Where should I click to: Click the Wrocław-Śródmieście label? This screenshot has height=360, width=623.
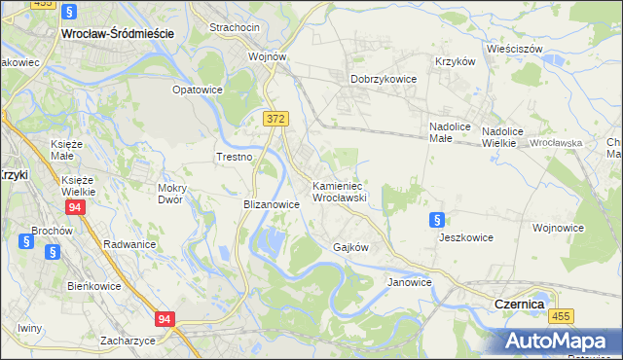117,32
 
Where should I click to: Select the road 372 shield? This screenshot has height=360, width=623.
275,118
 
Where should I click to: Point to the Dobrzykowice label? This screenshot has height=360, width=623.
384,79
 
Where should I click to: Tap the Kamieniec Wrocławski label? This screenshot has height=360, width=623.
338,191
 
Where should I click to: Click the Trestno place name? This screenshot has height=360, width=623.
235,157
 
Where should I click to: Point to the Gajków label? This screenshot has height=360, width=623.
350,247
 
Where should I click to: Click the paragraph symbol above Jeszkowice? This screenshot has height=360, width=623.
437,221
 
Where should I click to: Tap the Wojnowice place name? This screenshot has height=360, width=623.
558,228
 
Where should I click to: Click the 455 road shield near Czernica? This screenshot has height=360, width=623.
560,316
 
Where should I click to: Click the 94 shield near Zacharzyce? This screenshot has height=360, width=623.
165,318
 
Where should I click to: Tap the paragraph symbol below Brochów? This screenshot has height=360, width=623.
53,252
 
